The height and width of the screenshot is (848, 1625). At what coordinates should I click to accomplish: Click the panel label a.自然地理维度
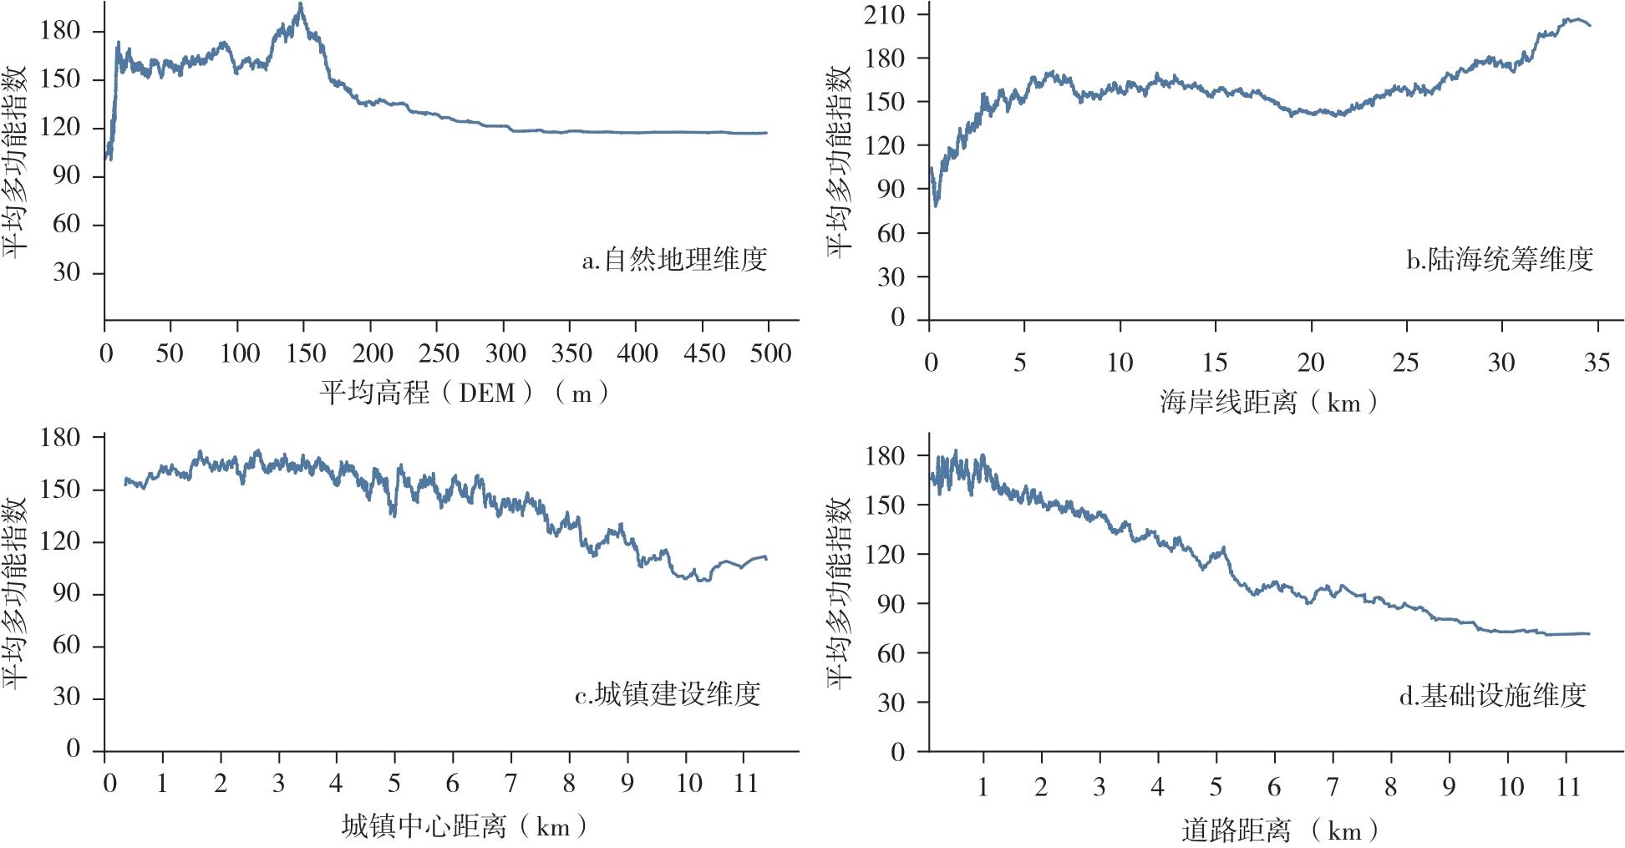[x=674, y=260]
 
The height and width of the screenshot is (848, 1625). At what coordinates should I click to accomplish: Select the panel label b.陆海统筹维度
[x=1500, y=260]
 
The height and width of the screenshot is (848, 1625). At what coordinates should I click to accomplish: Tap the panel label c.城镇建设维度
[x=668, y=694]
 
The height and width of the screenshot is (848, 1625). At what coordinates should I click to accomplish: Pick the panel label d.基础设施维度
[x=1493, y=695]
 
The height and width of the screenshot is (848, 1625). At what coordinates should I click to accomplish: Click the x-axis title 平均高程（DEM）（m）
[x=465, y=393]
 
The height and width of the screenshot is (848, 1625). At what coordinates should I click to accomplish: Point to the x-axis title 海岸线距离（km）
[x=1268, y=404]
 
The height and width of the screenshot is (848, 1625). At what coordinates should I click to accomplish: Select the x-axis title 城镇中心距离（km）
[x=464, y=827]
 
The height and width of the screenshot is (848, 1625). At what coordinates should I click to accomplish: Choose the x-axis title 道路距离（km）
[x=1279, y=830]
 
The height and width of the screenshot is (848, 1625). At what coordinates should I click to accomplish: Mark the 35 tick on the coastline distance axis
[x=1597, y=363]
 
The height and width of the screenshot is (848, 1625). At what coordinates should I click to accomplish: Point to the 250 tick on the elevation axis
[x=439, y=353]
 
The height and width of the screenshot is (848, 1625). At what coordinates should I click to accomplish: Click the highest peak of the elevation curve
[x=301, y=4]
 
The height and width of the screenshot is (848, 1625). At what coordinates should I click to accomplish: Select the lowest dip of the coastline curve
[x=936, y=205]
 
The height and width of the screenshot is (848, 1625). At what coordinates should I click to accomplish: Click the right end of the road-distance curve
[x=1589, y=634]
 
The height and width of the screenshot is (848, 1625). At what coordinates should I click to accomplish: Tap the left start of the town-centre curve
[x=125, y=482]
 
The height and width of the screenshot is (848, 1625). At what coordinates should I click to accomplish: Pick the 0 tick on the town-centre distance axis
[x=109, y=784]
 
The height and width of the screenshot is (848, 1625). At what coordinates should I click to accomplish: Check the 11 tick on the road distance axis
[x=1568, y=787]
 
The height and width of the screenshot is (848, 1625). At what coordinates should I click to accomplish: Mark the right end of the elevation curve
[x=766, y=133]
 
